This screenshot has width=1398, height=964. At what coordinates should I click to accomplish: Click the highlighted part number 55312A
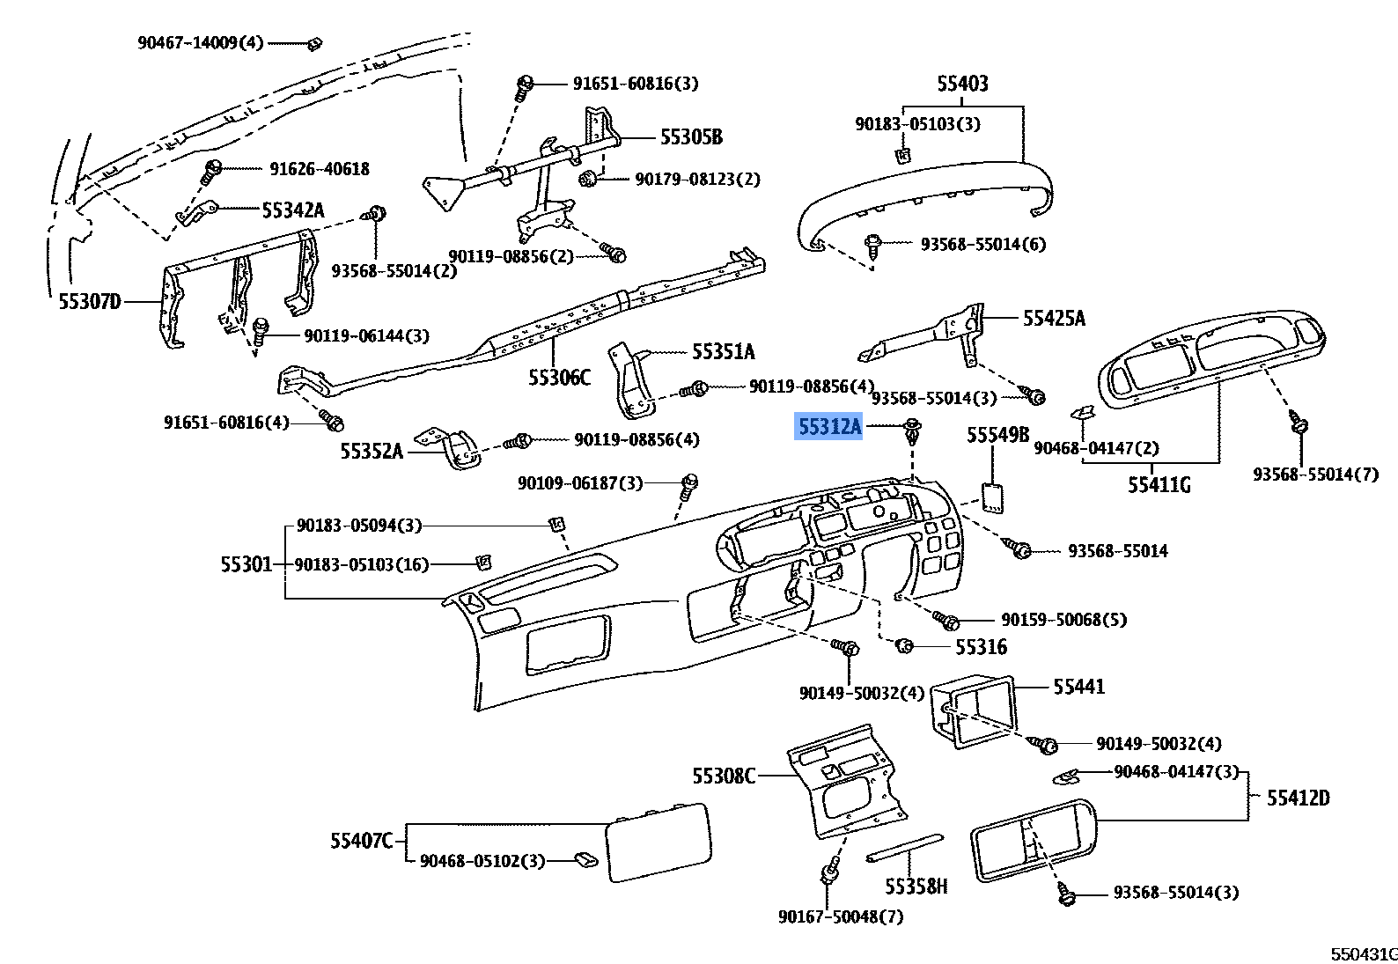coord(829,427)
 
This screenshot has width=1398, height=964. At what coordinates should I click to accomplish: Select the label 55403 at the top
coord(962,84)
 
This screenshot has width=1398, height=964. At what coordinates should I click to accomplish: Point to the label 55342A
coord(293,210)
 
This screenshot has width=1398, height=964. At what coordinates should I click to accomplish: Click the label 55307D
coord(90,302)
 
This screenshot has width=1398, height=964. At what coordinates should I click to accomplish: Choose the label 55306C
coord(559,377)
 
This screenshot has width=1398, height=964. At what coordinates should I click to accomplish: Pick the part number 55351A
coord(723,352)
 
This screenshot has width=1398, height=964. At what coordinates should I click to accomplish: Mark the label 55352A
coord(372,451)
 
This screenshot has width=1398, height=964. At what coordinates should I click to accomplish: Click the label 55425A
coord(1054,319)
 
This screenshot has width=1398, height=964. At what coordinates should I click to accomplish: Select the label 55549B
coord(997,435)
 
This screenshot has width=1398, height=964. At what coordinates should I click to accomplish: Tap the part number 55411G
coord(1159,483)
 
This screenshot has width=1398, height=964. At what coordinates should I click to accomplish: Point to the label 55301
coord(246,563)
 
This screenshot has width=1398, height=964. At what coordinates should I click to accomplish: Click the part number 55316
coord(981,647)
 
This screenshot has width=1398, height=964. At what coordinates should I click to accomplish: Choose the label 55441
coord(1078,686)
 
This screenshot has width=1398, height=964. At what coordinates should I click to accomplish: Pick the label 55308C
coord(724,776)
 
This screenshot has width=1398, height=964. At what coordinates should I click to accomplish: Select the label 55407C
coord(362,841)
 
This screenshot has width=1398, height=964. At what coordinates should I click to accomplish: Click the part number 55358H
coord(916,886)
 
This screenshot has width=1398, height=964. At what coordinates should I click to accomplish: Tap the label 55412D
coord(1298,798)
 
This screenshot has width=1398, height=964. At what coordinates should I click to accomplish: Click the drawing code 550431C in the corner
coord(1363,953)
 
